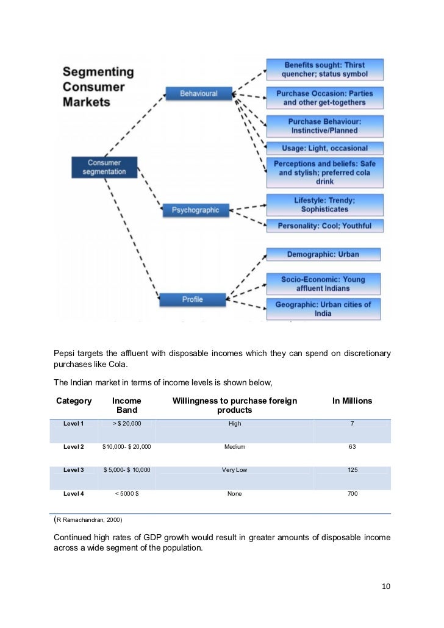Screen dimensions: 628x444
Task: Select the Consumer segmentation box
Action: point(104,167)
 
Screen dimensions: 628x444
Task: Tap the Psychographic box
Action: point(195,210)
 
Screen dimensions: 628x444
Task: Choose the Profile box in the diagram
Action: point(193,299)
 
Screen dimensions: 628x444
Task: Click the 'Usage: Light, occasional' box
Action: point(324,148)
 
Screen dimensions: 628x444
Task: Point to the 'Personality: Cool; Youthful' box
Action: point(324,226)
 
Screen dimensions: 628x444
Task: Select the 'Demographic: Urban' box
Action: point(323,254)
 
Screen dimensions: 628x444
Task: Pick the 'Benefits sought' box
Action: point(324,70)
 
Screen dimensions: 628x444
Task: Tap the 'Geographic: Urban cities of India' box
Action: point(323,309)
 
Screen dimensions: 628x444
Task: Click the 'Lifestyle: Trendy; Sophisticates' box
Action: point(324,204)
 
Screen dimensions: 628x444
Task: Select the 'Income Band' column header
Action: point(127,405)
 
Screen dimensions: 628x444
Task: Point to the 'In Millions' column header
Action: point(352,401)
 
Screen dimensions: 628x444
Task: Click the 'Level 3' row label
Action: point(74,470)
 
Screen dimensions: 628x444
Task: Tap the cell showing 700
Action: point(352,493)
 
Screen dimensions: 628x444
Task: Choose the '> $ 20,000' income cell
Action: point(127,423)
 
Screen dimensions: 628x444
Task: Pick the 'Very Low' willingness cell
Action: point(234,470)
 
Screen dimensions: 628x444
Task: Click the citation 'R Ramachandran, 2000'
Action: point(88,519)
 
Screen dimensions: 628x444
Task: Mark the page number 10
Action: point(385,587)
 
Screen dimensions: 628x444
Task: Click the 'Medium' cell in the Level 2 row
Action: point(234,447)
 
